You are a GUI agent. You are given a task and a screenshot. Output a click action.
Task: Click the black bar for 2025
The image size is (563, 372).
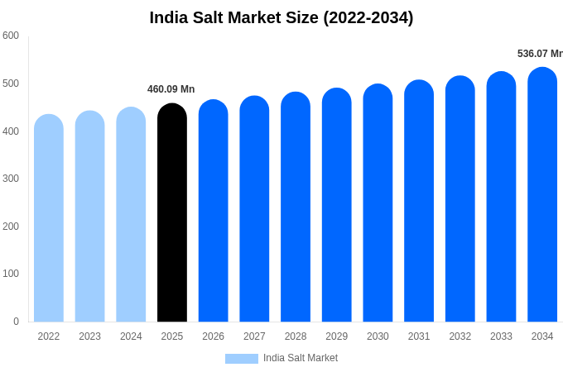[172, 215]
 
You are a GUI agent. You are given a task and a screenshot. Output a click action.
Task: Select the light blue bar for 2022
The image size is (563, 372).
[49, 219]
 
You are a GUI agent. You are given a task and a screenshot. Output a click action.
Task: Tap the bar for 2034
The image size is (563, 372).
[542, 196]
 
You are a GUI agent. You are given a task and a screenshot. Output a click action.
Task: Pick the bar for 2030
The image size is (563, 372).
[378, 204]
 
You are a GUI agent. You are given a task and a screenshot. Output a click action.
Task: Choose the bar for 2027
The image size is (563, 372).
[254, 210]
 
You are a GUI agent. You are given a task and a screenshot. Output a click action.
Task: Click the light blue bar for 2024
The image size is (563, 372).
[131, 216]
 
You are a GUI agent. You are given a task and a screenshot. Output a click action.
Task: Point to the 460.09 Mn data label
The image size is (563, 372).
[171, 89]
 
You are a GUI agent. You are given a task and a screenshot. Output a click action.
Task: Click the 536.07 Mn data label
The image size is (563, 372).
[540, 54]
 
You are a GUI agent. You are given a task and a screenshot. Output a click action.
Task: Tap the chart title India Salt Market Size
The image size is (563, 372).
[281, 17]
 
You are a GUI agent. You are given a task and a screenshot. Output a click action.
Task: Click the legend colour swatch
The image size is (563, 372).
[241, 359]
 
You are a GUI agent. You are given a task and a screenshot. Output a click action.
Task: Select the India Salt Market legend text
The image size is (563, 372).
[301, 358]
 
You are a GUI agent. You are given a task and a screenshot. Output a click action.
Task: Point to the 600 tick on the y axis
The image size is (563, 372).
[11, 36]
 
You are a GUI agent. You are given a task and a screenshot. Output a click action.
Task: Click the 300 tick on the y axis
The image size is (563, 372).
[11, 179]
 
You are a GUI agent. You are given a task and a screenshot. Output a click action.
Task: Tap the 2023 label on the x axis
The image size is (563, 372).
[89, 336]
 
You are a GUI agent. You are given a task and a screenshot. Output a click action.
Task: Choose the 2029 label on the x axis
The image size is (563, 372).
[336, 336]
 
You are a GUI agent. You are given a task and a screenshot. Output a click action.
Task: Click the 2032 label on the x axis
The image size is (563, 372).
[460, 336]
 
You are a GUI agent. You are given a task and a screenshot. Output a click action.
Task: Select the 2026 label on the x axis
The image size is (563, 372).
[213, 336]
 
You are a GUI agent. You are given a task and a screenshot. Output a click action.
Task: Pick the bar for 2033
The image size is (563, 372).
[501, 198]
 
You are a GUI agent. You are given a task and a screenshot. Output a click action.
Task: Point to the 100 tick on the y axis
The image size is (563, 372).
[11, 274]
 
